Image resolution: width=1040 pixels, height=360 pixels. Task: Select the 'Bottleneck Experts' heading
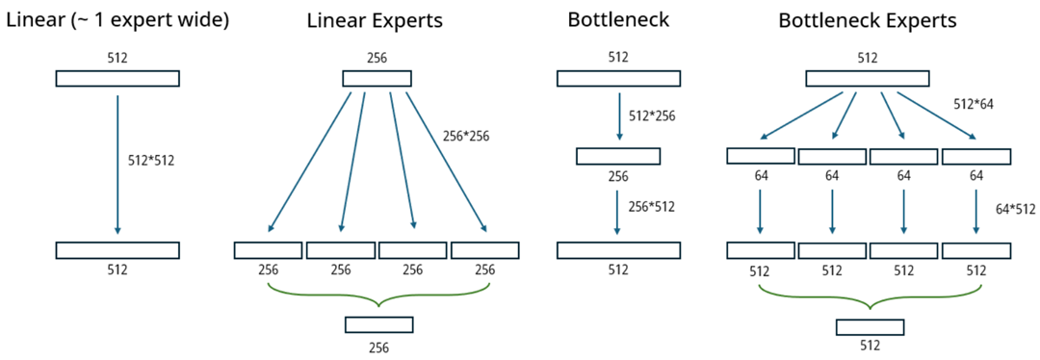867,19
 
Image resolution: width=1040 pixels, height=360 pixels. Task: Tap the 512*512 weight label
150,161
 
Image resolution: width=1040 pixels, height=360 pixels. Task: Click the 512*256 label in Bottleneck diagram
652,116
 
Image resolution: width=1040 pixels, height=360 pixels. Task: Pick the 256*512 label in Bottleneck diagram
652,206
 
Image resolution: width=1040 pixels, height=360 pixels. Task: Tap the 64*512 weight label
1013,207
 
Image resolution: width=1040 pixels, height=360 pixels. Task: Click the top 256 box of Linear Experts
377,79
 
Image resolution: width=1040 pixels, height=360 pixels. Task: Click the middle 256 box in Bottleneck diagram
618,156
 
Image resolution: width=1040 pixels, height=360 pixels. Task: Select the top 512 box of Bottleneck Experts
867,79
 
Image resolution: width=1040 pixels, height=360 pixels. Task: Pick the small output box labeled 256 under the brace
378,324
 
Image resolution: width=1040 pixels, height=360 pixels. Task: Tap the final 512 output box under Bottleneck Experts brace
870,326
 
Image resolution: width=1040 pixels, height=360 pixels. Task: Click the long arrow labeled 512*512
117,164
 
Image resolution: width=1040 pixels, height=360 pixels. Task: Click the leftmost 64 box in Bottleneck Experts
761,156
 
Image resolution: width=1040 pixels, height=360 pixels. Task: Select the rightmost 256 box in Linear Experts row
484,250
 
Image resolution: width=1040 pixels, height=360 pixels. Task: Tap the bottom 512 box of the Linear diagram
117,250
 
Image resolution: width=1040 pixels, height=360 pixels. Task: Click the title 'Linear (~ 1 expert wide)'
117,19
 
